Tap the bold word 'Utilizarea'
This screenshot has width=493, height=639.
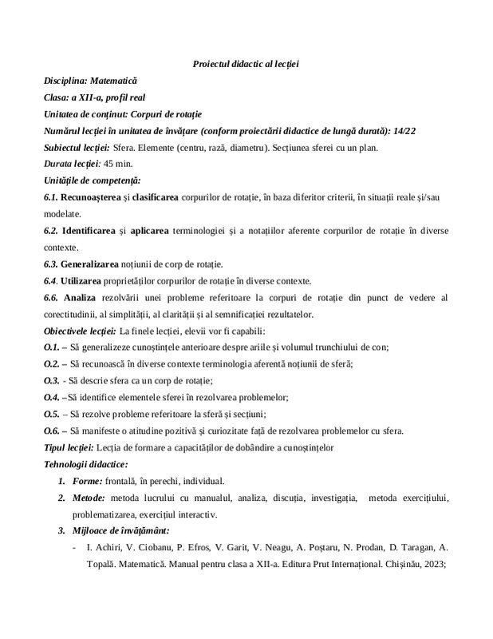(x=85, y=280)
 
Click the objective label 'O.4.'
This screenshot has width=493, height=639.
(x=52, y=397)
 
